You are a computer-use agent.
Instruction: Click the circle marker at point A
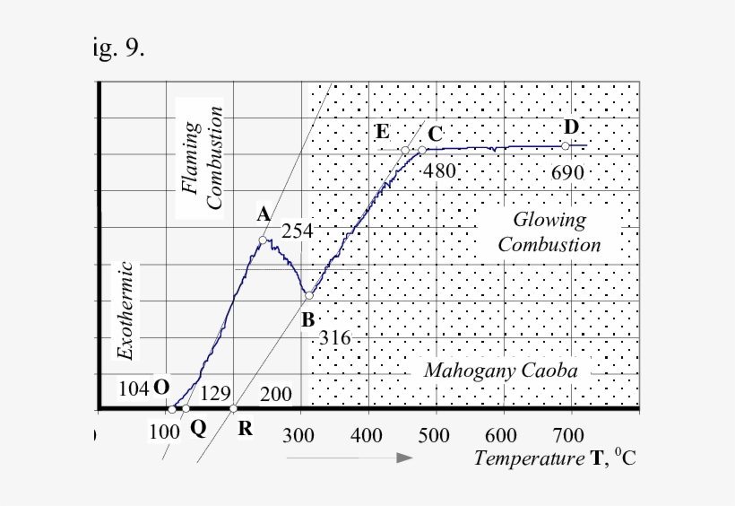tap(263, 240)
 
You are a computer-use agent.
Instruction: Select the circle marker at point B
tap(308, 295)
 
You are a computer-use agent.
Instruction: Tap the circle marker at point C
tap(422, 150)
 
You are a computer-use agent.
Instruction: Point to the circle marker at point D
tap(565, 145)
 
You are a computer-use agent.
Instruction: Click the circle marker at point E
tap(405, 150)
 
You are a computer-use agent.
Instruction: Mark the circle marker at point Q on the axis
tap(186, 408)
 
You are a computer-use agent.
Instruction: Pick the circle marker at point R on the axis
tap(234, 408)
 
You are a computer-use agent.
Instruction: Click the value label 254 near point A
tap(298, 231)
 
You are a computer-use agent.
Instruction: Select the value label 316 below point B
tap(335, 339)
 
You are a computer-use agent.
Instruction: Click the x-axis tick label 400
tap(367, 437)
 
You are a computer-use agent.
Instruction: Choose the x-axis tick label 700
tap(567, 437)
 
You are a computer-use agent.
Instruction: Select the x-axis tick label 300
tap(299, 437)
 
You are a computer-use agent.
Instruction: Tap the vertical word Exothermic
tap(126, 310)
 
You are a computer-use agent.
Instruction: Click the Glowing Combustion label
tap(549, 232)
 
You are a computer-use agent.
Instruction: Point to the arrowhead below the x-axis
tap(405, 458)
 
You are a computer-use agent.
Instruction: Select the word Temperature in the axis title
tap(515, 459)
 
